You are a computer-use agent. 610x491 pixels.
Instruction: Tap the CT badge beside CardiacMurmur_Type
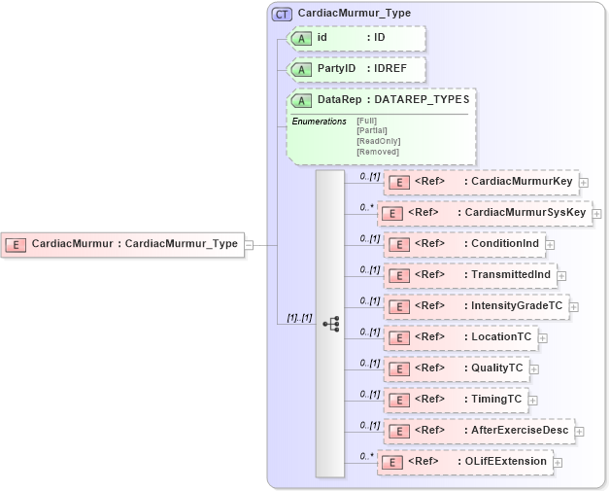pyautogui.click(x=283, y=14)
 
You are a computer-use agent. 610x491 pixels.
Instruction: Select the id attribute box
pyautogui.click(x=356, y=38)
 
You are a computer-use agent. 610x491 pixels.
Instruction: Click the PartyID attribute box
pyautogui.click(x=356, y=70)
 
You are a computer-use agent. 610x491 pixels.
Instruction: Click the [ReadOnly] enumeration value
pyautogui.click(x=378, y=141)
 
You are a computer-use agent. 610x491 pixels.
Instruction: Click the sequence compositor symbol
pyautogui.click(x=330, y=324)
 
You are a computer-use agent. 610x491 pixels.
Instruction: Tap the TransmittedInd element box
pyautogui.click(x=471, y=275)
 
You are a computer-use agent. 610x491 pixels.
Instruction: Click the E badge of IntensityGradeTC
pyautogui.click(x=397, y=307)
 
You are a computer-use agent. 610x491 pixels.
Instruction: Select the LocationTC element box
pyautogui.click(x=459, y=337)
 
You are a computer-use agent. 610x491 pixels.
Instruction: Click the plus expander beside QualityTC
pyautogui.click(x=534, y=369)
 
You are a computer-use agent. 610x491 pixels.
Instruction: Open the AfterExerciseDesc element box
pyautogui.click(x=478, y=431)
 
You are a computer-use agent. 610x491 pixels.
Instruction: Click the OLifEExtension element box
pyautogui.click(x=465, y=462)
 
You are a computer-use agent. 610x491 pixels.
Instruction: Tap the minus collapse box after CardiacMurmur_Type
pyautogui.click(x=249, y=244)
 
